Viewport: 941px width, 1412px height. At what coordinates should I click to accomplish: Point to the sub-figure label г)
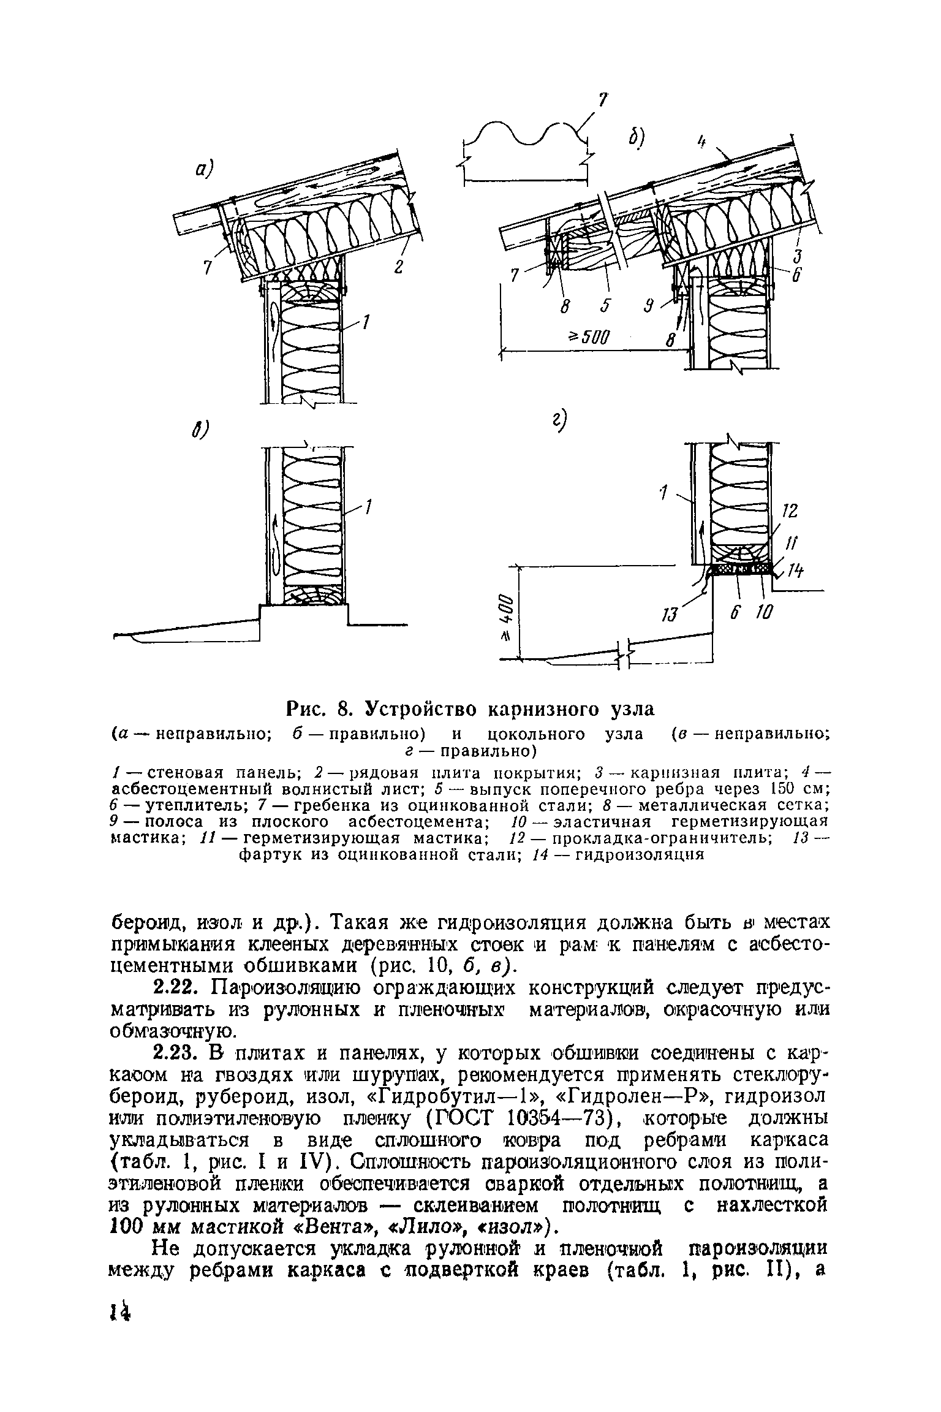557,422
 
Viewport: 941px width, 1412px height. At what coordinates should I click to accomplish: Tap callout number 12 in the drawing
790,511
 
